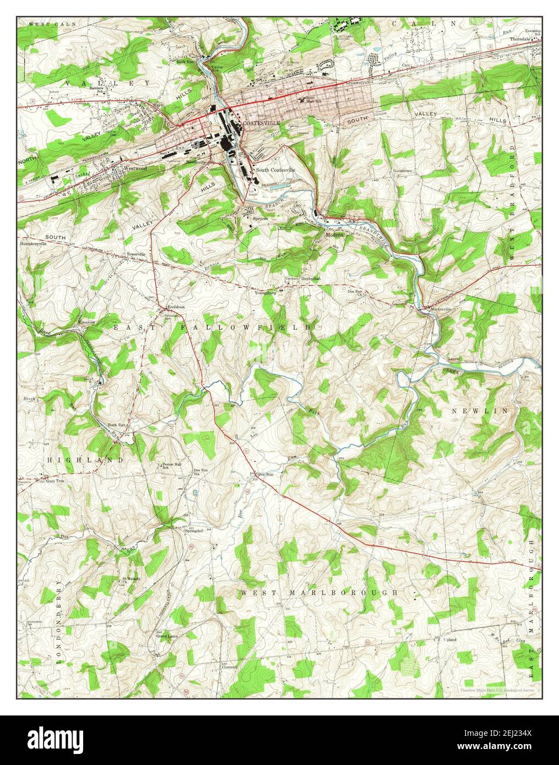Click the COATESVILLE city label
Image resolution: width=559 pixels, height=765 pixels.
click(262, 123)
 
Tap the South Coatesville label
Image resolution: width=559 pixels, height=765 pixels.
click(275, 170)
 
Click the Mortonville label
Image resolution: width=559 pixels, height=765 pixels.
click(441, 309)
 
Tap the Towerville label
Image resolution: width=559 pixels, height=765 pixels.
click(136, 254)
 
